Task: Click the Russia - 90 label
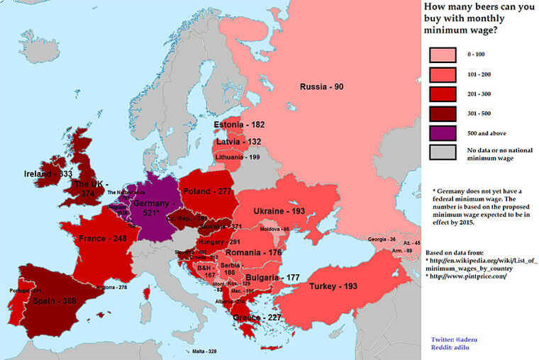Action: click(321, 87)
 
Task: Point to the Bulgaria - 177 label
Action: click(272, 277)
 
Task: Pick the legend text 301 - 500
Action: click(477, 113)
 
